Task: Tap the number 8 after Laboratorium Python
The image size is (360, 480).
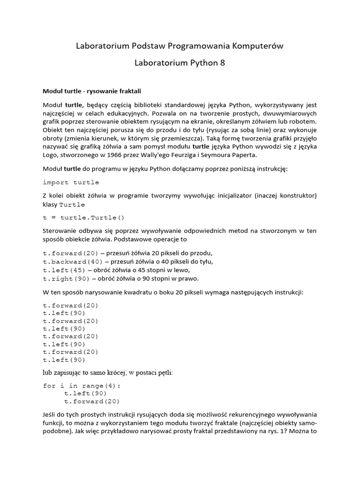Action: (x=222, y=63)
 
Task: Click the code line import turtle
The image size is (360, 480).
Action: (x=71, y=182)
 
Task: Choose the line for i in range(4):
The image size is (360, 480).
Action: (x=82, y=386)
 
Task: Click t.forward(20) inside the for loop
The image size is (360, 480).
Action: (x=92, y=401)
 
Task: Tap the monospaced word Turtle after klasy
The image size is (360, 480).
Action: (x=72, y=204)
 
